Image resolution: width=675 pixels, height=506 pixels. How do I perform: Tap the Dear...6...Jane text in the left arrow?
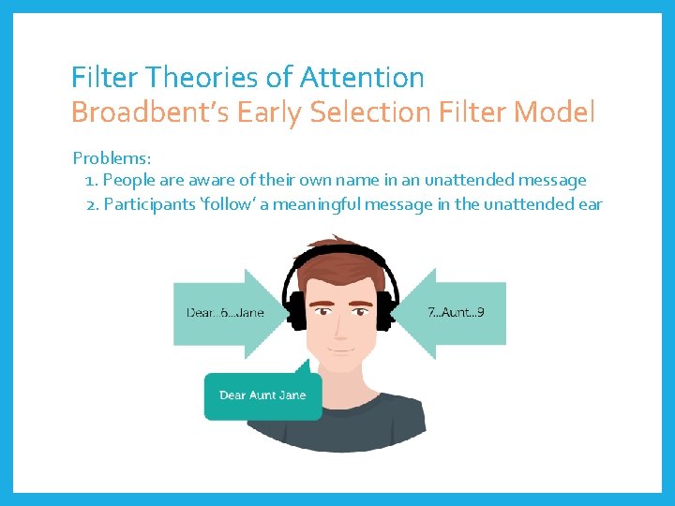coord(225,312)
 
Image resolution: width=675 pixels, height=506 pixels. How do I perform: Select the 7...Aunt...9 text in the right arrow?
coord(456,312)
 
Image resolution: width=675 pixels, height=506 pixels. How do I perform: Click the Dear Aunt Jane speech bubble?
coord(262,395)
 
